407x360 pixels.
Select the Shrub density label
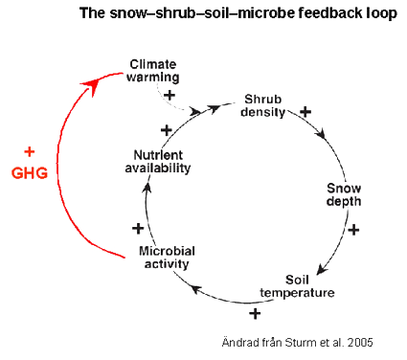(x=265, y=106)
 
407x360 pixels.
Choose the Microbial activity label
(x=168, y=258)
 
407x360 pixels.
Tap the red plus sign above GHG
(x=29, y=152)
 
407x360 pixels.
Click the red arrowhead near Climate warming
(x=92, y=85)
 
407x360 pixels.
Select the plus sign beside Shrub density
(x=305, y=112)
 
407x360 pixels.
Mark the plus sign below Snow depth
(x=353, y=230)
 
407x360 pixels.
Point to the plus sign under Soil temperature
(x=255, y=313)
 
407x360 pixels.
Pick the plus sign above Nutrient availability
(x=167, y=129)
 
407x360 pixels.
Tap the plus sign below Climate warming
(x=170, y=95)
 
